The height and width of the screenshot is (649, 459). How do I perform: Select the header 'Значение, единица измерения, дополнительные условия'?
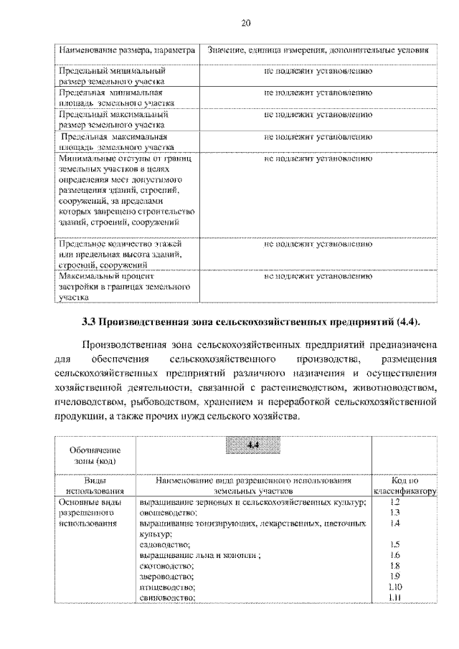317,52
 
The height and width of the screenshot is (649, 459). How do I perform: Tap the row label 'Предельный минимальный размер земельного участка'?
112,77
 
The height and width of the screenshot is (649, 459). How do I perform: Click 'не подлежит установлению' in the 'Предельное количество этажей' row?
317,245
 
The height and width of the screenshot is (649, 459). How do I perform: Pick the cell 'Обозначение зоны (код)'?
94,455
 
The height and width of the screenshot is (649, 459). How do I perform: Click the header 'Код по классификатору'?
404,486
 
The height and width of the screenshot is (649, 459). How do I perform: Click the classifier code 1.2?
394,503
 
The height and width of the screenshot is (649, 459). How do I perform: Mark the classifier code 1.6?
394,556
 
